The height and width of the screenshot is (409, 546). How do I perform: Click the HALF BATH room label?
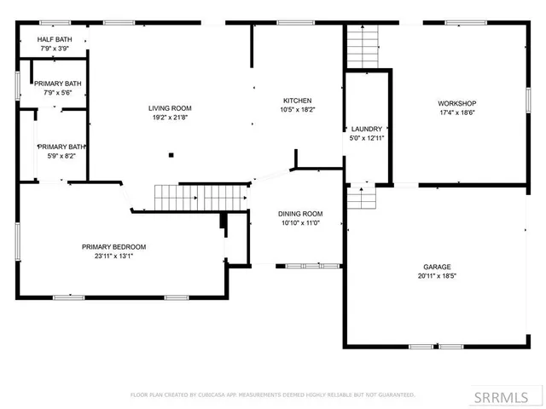point(52,39)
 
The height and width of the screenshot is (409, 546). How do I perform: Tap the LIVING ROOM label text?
point(170,108)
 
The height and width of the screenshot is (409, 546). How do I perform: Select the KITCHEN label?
point(297,101)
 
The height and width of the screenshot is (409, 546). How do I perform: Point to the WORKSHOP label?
point(456,102)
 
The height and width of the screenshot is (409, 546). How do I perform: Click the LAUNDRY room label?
point(366,129)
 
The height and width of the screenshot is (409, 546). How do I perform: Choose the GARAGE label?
point(437,267)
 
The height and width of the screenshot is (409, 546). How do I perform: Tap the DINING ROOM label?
point(300,214)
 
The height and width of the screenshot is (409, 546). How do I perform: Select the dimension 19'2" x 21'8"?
point(170,118)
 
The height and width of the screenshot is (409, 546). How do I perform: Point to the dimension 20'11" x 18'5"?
point(437,276)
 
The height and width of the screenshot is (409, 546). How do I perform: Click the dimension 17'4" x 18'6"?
point(456,112)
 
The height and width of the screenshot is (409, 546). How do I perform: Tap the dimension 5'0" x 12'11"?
point(366,138)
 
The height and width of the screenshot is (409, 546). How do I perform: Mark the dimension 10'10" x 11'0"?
point(300,223)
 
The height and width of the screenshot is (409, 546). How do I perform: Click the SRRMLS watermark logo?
point(509,396)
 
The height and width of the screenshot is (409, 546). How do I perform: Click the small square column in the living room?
point(171,155)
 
